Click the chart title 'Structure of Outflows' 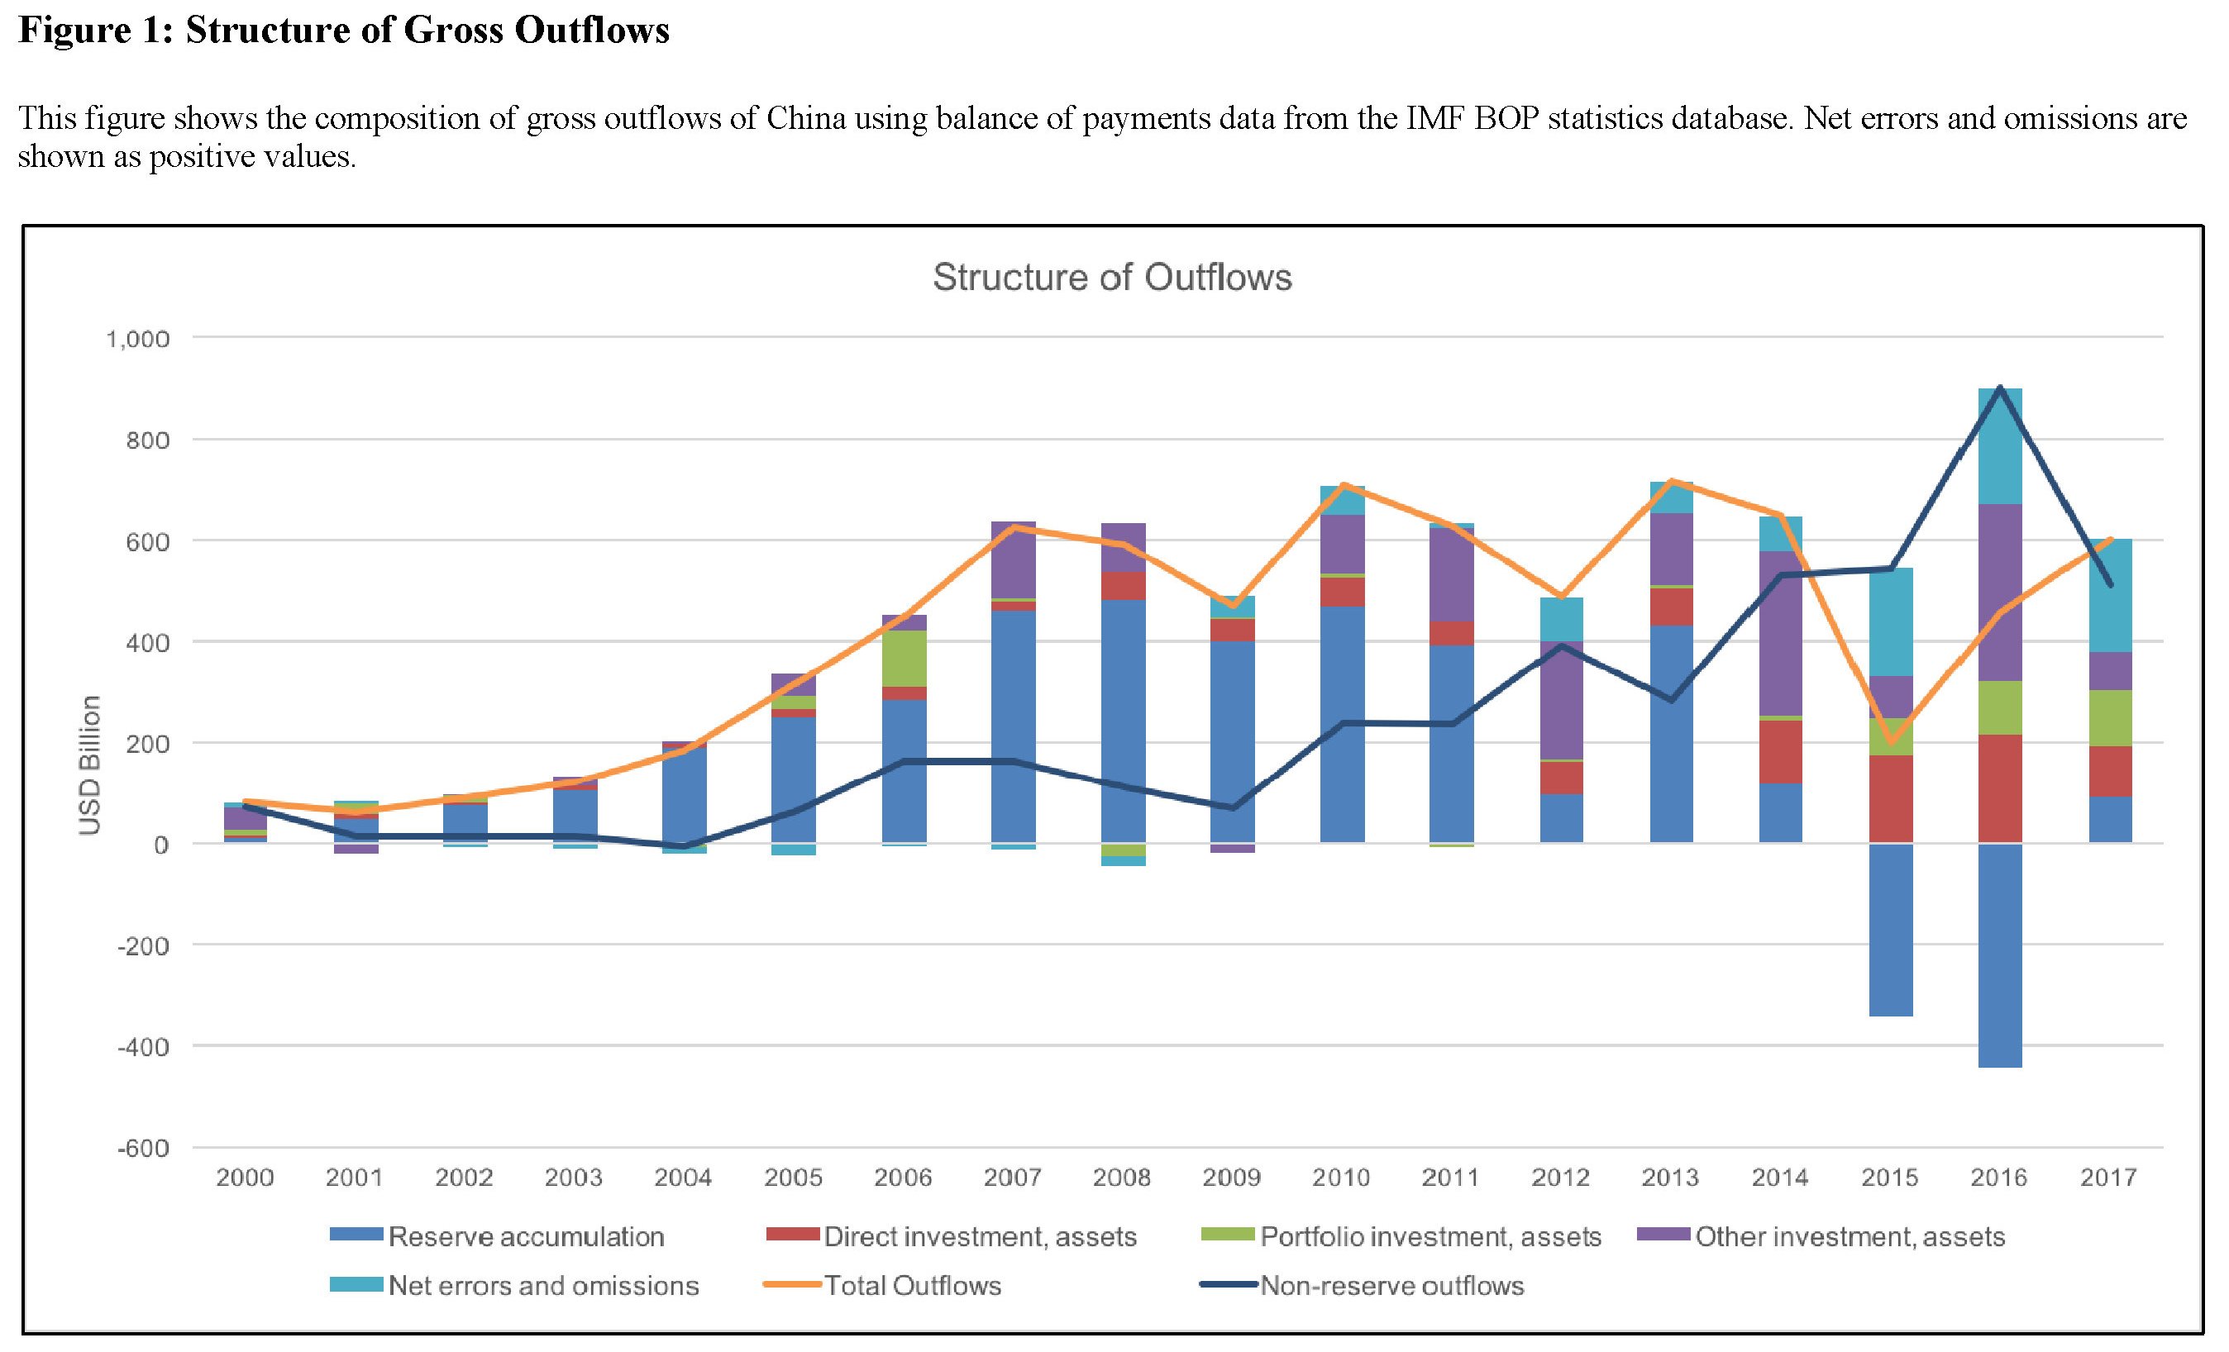point(1112,278)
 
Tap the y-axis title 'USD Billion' point(89,765)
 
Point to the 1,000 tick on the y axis point(137,339)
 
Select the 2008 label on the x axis point(1123,1178)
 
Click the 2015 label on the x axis point(1890,1178)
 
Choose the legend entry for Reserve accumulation point(525,1236)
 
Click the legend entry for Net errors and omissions point(542,1285)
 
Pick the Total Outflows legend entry point(912,1285)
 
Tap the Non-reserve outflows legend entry point(1391,1285)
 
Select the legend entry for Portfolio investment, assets point(1430,1236)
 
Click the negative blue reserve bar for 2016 point(1999,955)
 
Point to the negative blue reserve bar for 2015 point(1890,930)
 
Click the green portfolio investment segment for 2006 point(904,659)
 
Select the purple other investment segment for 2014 point(1780,633)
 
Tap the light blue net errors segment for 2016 point(1999,445)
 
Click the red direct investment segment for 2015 point(1890,797)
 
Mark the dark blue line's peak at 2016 point(1999,387)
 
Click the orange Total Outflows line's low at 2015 point(1890,742)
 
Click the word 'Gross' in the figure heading point(454,30)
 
